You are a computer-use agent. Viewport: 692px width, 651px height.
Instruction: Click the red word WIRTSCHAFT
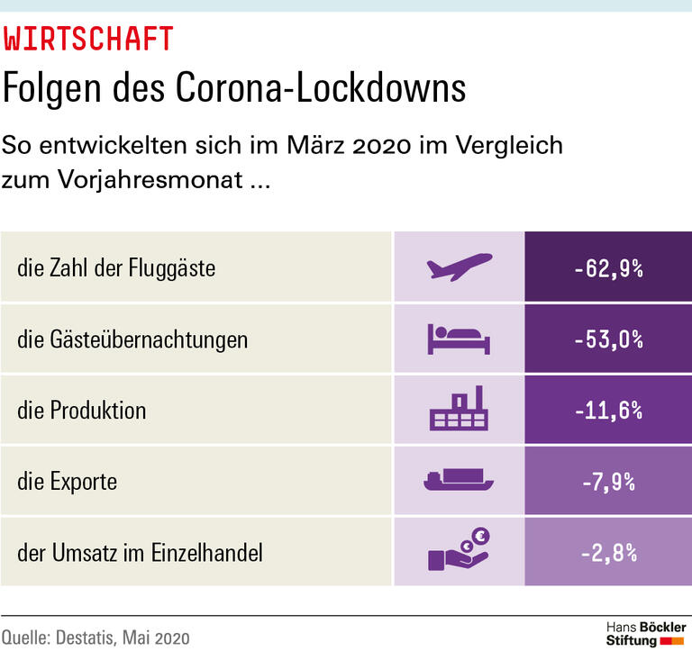pyautogui.click(x=88, y=40)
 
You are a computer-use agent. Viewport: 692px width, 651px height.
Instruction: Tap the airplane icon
pyautogui.click(x=459, y=267)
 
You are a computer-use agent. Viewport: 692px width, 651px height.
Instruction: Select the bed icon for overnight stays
pyautogui.click(x=459, y=339)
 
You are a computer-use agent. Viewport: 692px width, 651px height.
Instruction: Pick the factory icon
pyautogui.click(x=459, y=410)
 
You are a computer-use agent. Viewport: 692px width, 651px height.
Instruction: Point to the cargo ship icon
pyautogui.click(x=459, y=481)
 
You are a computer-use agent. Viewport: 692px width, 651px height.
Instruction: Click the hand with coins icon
pyautogui.click(x=459, y=550)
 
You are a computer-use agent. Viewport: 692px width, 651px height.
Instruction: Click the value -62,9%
pyautogui.click(x=608, y=267)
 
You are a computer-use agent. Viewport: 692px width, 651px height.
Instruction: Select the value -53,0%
pyautogui.click(x=608, y=339)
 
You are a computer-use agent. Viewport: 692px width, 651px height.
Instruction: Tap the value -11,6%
pyautogui.click(x=608, y=410)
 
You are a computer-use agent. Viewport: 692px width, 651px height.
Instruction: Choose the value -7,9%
pyautogui.click(x=608, y=481)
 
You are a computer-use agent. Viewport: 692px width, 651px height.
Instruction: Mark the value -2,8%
pyautogui.click(x=608, y=552)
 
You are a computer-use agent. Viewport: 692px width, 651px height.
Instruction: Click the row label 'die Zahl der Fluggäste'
pyautogui.click(x=116, y=268)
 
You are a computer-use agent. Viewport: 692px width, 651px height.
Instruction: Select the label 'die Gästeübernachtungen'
pyautogui.click(x=132, y=339)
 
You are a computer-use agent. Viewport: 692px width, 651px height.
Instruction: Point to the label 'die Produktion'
pyautogui.click(x=81, y=411)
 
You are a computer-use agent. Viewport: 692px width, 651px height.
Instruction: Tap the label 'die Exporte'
pyautogui.click(x=67, y=482)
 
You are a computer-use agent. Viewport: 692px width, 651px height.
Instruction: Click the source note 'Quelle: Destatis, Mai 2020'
pyautogui.click(x=96, y=637)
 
